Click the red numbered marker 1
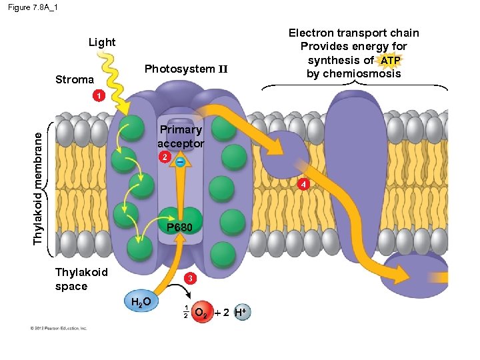point(98,96)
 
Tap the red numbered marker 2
point(162,157)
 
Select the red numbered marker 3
point(191,277)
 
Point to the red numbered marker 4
point(303,183)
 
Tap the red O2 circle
point(201,312)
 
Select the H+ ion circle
point(243,312)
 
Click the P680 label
point(180,227)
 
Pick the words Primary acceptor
point(181,136)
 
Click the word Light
point(102,42)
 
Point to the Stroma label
point(74,79)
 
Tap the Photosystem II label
point(186,69)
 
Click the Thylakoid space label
point(81,279)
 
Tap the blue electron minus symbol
point(180,161)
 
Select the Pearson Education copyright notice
point(58,327)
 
